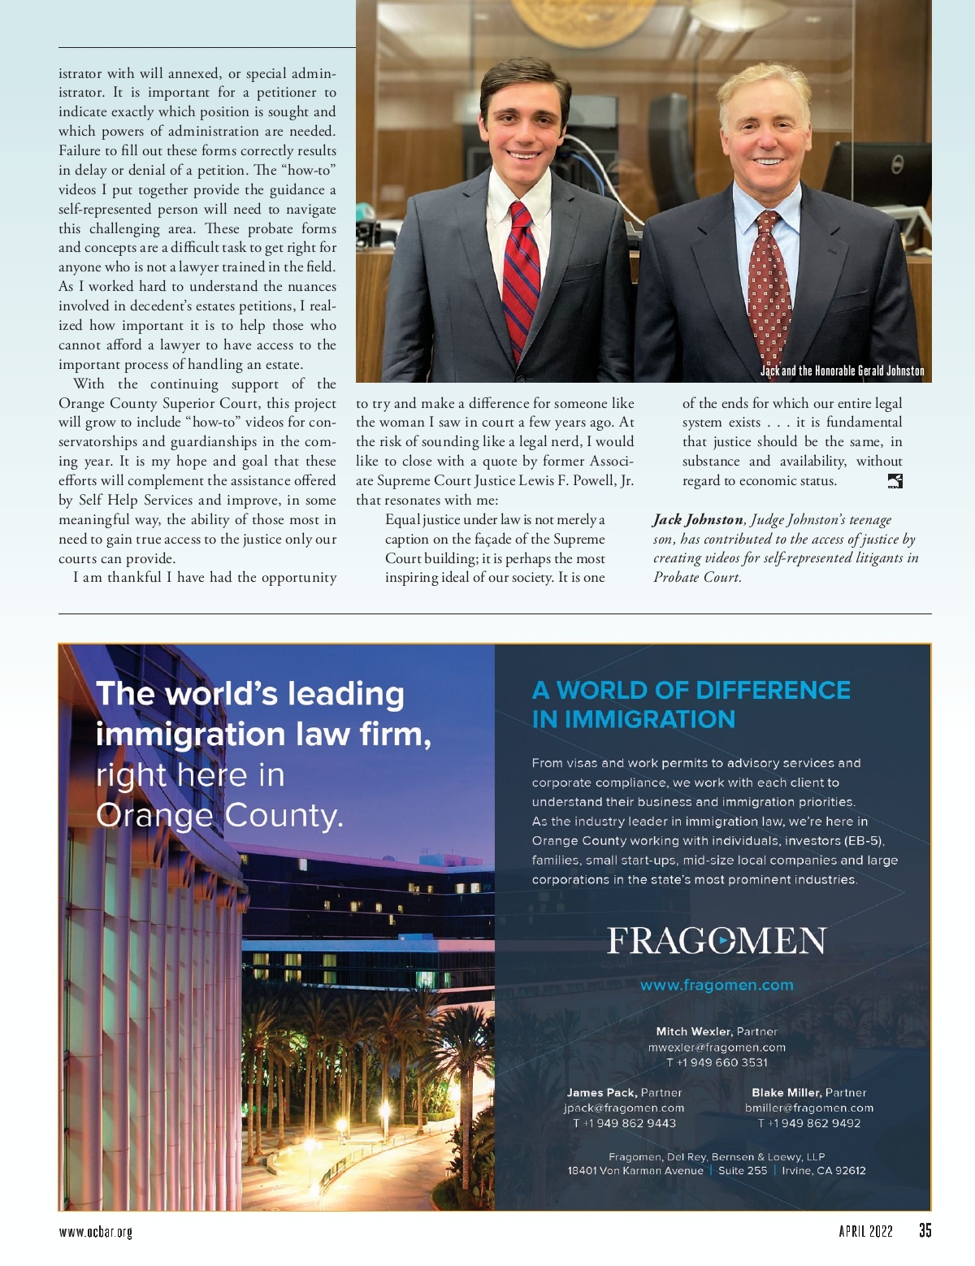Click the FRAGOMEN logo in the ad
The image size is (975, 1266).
[717, 941]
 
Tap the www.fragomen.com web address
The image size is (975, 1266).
[717, 985]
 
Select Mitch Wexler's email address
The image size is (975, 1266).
[717, 1047]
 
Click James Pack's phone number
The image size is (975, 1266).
[624, 1123]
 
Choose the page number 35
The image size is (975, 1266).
[925, 1230]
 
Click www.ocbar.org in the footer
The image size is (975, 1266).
[96, 1232]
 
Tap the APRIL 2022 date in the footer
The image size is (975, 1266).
[865, 1231]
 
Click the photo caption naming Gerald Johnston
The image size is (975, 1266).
[842, 371]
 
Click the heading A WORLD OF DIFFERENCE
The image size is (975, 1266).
[691, 691]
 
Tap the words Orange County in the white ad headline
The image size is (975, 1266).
[219, 815]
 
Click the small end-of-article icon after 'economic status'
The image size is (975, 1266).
[895, 481]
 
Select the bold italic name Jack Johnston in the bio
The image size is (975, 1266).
[698, 519]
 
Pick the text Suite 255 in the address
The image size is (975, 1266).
[742, 1171]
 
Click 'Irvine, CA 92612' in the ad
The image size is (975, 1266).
[823, 1171]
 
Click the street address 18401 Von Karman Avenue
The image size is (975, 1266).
[635, 1171]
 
